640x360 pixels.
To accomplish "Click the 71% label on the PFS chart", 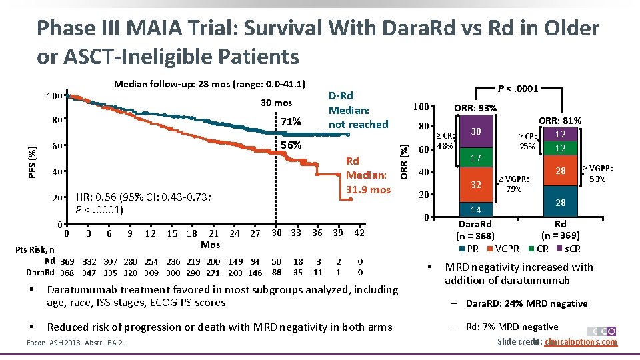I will [x=291, y=122].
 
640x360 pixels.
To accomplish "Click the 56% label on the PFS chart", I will [x=291, y=145].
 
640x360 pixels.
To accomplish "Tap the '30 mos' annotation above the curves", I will [x=276, y=103].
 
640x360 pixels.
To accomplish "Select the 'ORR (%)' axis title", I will [x=404, y=159].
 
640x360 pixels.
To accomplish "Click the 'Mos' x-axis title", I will [x=210, y=245].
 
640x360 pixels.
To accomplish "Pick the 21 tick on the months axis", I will [x=213, y=233].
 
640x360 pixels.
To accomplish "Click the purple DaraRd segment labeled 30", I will [x=475, y=132].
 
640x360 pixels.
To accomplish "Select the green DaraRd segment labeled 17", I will [x=475, y=159].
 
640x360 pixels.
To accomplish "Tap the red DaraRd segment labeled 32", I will [x=475, y=185].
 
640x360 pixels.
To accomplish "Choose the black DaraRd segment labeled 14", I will [x=475, y=209].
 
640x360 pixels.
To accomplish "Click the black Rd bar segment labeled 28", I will [x=561, y=202].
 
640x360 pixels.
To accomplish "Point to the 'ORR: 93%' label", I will [x=475, y=109].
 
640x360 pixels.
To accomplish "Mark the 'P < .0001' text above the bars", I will [x=519, y=88].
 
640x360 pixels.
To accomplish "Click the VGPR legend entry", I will [x=507, y=249].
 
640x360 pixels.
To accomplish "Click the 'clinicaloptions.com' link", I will [x=581, y=342].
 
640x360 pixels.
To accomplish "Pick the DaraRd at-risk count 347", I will [x=89, y=272].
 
